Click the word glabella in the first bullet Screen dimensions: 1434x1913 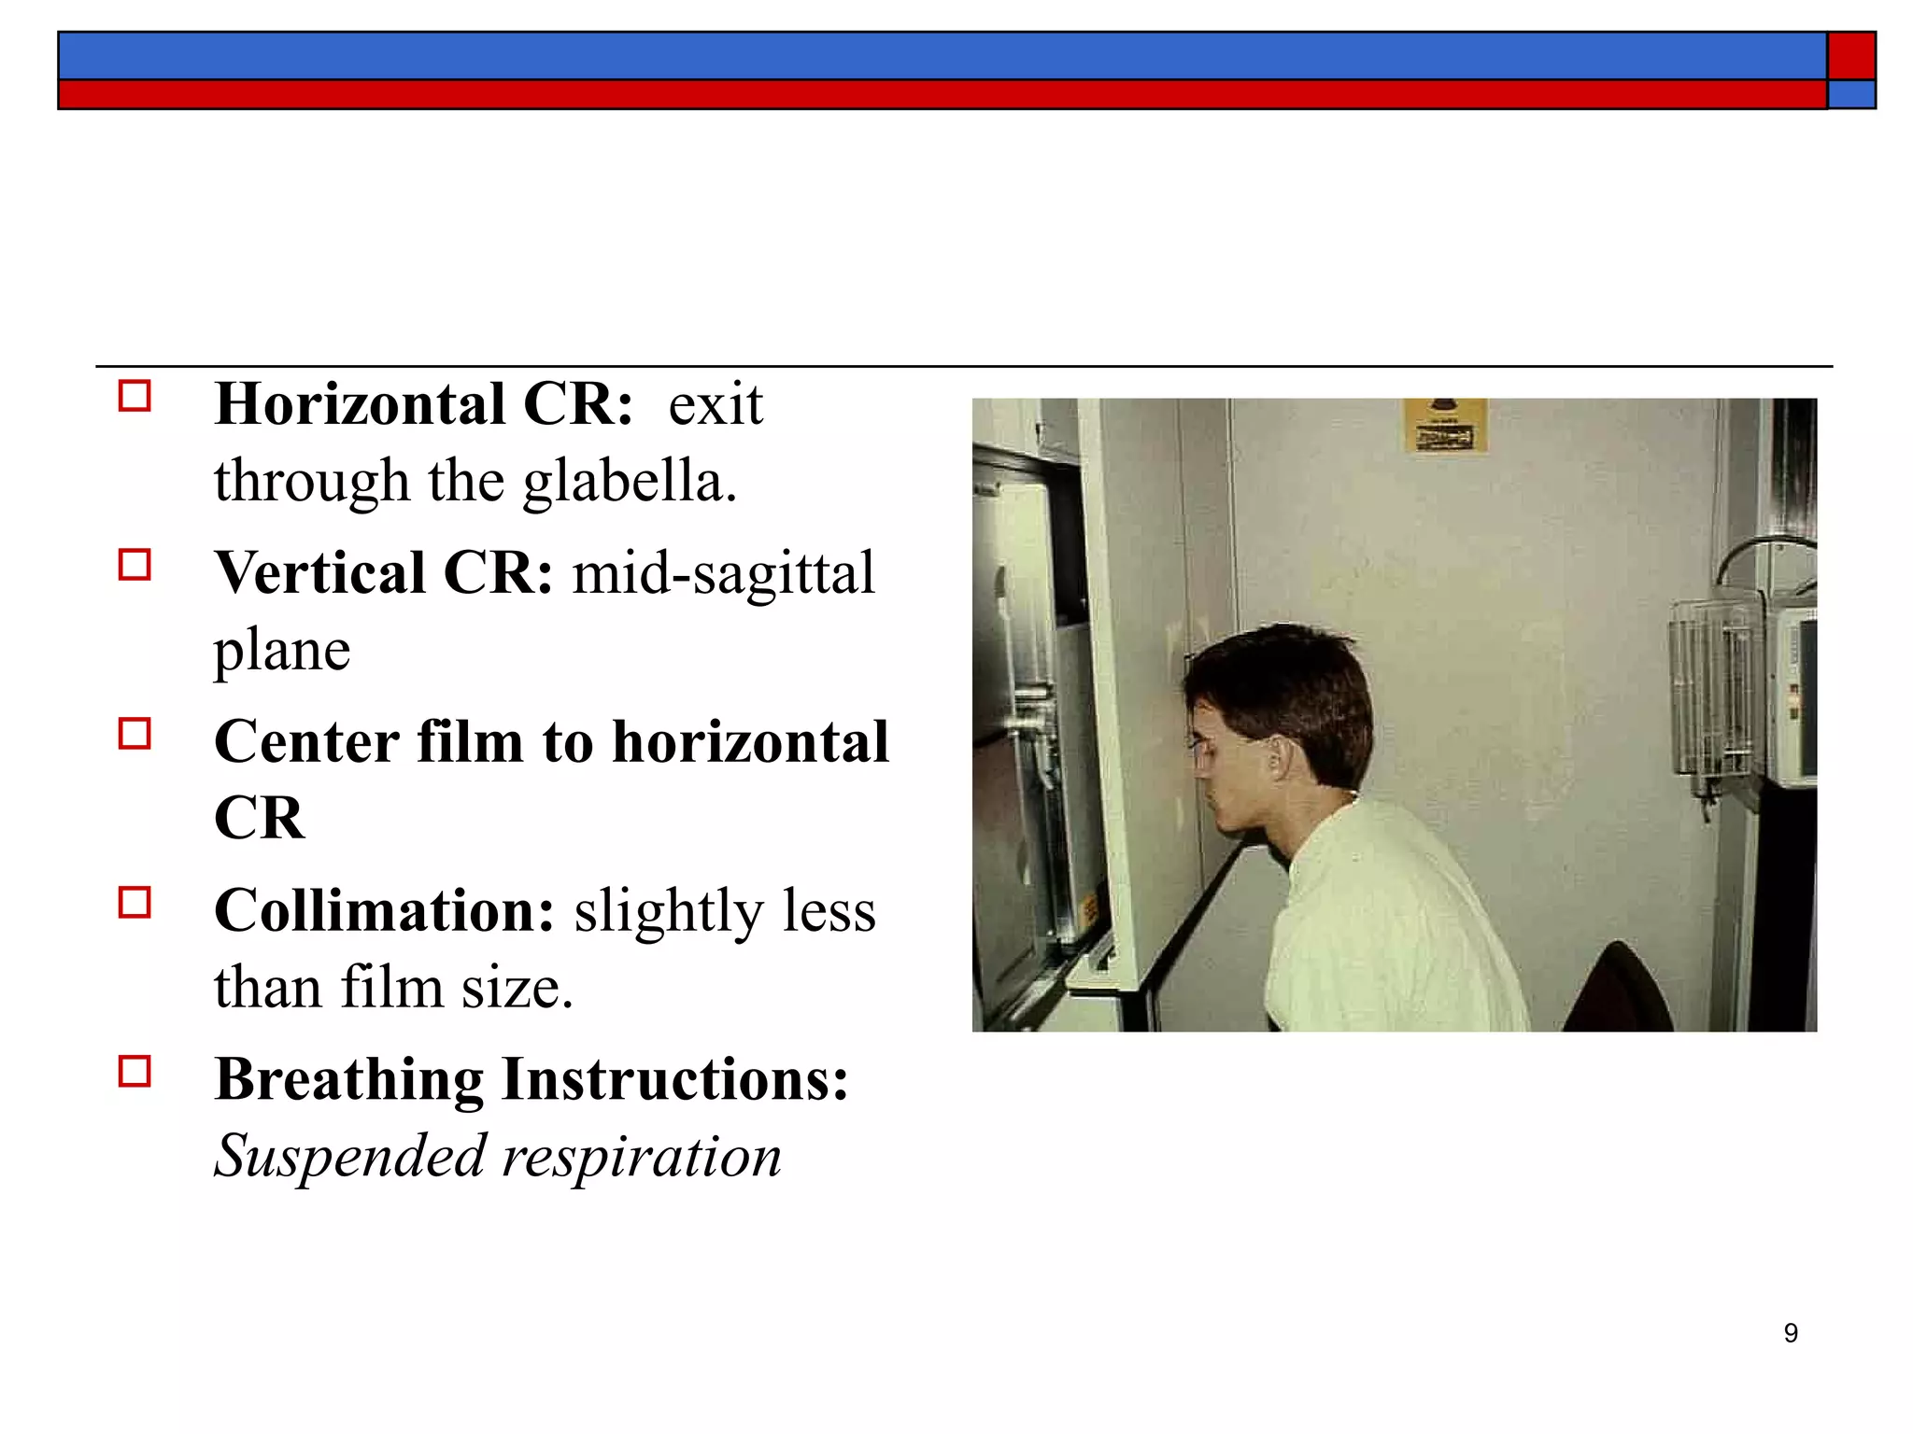point(630,482)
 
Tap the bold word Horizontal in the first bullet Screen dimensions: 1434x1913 point(360,405)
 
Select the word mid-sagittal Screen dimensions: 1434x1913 point(724,573)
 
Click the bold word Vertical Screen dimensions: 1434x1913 point(319,573)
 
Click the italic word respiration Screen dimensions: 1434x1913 point(642,1157)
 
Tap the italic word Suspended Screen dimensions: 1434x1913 point(351,1157)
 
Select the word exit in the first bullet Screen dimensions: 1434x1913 point(716,405)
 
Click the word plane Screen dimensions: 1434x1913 point(282,650)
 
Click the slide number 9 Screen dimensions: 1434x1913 point(1791,1333)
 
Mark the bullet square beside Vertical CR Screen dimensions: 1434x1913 point(135,565)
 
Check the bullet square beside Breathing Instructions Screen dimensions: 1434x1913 point(135,1071)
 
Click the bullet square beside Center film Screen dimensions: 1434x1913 point(135,734)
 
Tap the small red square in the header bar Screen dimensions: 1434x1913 point(1851,56)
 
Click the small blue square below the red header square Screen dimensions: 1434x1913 point(1851,94)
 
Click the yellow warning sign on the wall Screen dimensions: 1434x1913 point(1445,427)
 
